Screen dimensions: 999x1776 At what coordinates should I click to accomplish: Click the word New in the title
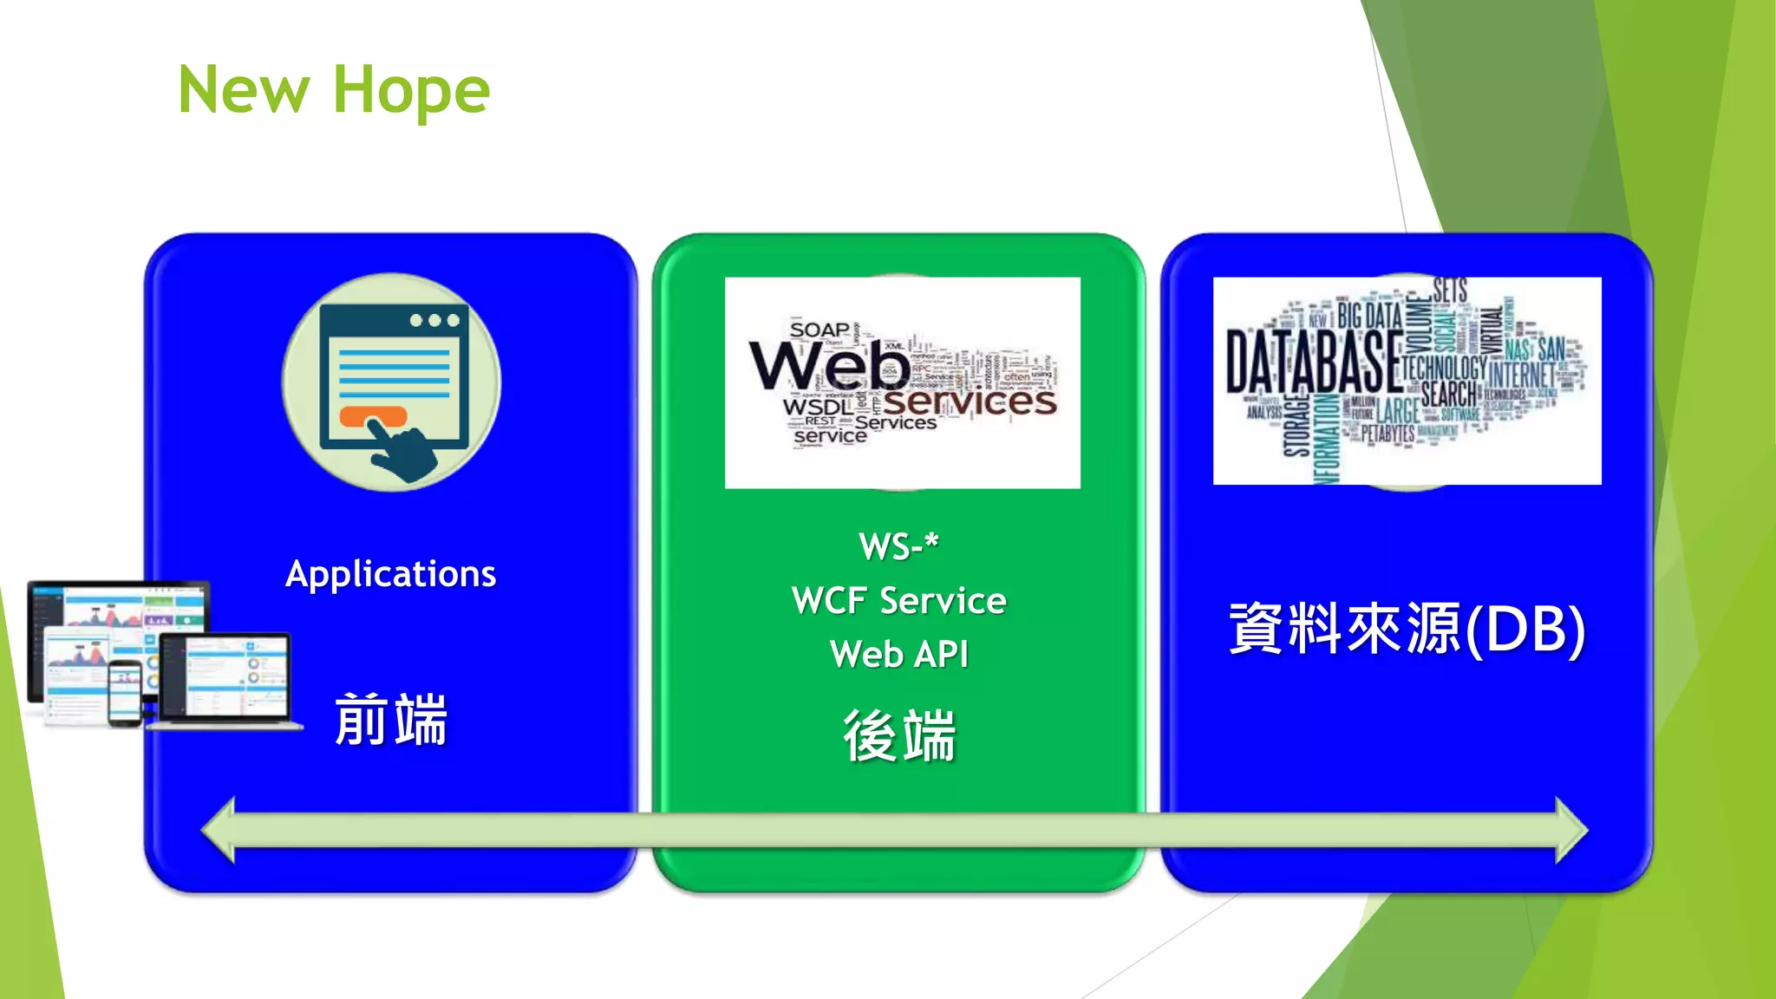pyautogui.click(x=244, y=90)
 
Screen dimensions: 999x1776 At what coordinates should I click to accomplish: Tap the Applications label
pyautogui.click(x=390, y=574)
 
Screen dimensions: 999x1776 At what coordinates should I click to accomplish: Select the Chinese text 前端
pyautogui.click(x=390, y=720)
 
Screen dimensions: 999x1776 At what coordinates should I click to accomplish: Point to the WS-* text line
pyautogui.click(x=898, y=547)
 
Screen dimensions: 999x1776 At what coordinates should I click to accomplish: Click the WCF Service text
pyautogui.click(x=898, y=601)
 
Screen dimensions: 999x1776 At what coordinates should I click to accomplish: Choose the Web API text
pyautogui.click(x=898, y=655)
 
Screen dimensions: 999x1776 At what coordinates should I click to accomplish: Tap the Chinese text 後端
pyautogui.click(x=898, y=735)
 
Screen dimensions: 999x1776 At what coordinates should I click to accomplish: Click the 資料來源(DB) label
pyautogui.click(x=1407, y=629)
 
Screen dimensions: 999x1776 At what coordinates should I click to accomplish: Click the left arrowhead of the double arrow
pyautogui.click(x=219, y=831)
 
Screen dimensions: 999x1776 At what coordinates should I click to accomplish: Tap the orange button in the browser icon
pyautogui.click(x=372, y=416)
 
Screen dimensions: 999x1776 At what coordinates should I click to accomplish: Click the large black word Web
pyautogui.click(x=829, y=366)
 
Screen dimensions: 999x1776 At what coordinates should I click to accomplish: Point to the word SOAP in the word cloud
pyautogui.click(x=819, y=330)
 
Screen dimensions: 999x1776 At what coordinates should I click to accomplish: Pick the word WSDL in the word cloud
pyautogui.click(x=817, y=407)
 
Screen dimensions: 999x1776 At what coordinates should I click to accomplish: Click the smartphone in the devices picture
pyautogui.click(x=125, y=693)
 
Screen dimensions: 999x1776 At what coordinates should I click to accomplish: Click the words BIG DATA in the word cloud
pyautogui.click(x=1369, y=316)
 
